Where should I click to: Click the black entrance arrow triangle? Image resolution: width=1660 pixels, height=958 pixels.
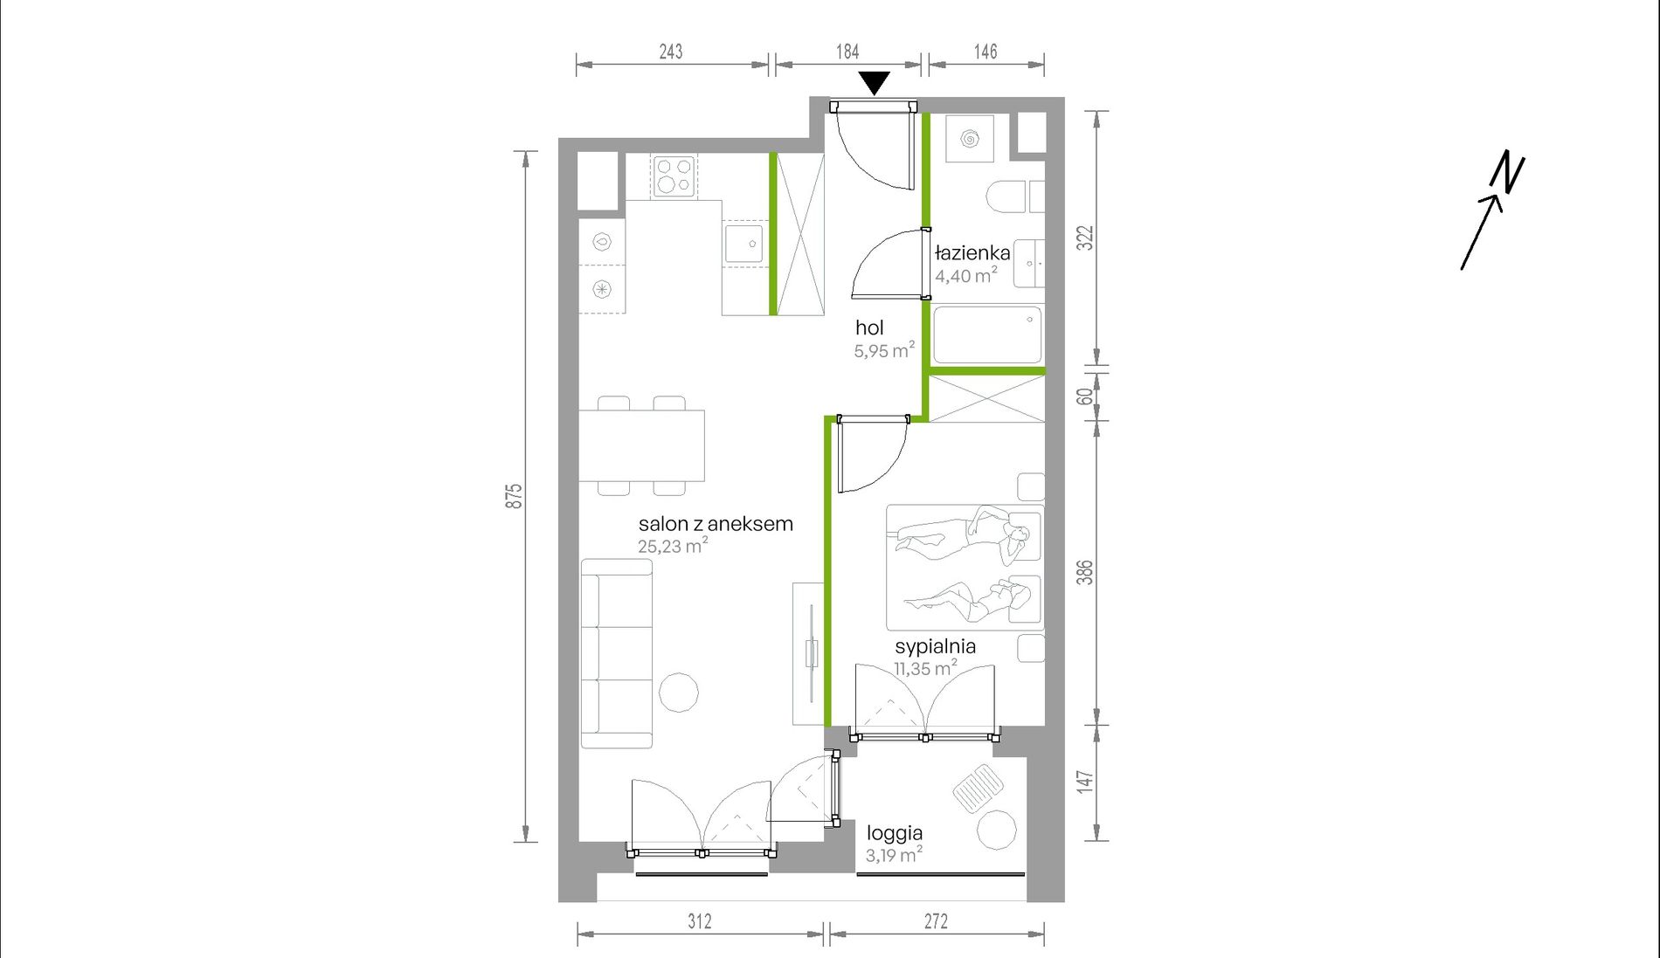(874, 82)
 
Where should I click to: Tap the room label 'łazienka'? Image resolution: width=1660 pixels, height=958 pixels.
(972, 253)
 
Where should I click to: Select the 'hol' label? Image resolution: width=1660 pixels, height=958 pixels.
(869, 327)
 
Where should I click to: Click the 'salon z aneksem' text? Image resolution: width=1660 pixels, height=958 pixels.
(716, 524)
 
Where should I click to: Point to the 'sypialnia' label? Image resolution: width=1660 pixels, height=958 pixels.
(935, 647)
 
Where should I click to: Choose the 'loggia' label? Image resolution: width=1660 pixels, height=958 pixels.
(895, 834)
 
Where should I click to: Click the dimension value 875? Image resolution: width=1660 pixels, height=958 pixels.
(515, 496)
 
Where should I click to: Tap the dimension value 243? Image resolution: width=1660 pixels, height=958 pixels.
(670, 52)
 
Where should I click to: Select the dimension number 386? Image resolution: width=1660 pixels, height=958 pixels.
(1084, 573)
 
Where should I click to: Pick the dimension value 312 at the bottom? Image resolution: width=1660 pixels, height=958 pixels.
(700, 921)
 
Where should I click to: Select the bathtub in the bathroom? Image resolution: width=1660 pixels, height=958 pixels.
(987, 334)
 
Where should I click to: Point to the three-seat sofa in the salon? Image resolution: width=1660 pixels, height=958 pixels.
(617, 653)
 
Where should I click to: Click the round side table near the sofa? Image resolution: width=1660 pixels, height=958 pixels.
(678, 693)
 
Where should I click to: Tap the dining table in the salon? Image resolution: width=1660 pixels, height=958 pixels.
(641, 445)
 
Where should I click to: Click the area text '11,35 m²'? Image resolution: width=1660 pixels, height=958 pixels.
(925, 669)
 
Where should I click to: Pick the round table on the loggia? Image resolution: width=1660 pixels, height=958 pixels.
(996, 830)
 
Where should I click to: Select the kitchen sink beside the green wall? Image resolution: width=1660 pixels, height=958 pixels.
(744, 244)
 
